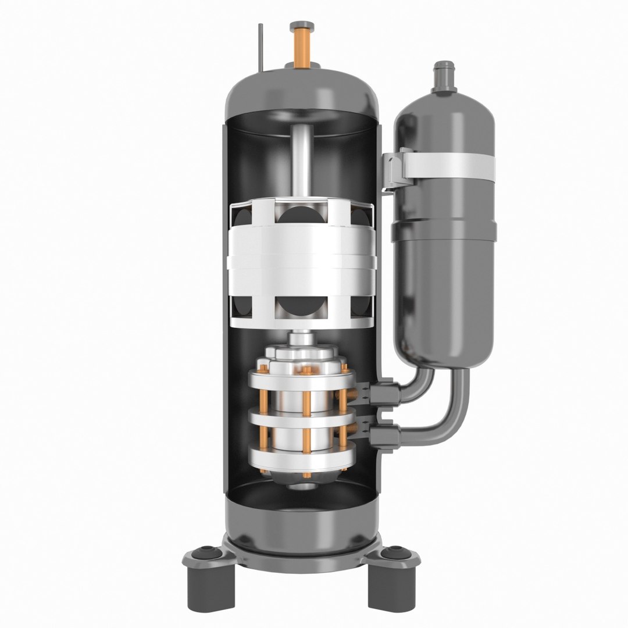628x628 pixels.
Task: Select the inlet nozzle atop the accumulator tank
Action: point(444,76)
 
